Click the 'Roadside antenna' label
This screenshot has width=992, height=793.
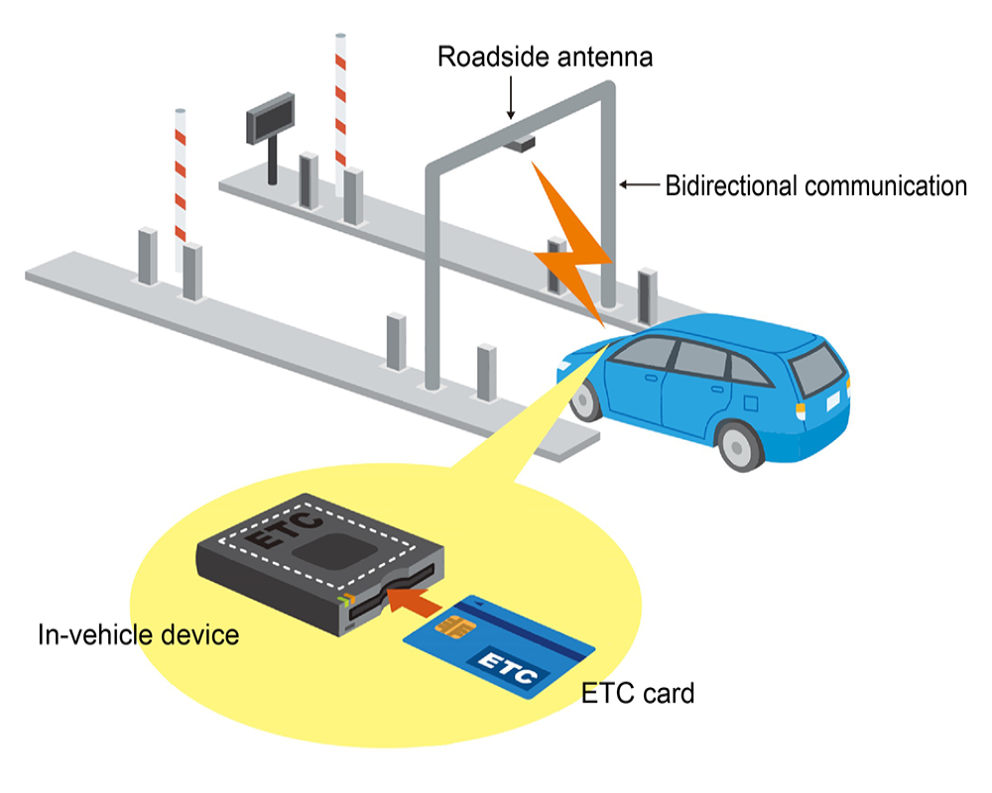tap(545, 57)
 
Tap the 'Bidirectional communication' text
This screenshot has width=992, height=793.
tap(815, 185)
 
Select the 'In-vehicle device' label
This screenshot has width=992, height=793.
tap(138, 633)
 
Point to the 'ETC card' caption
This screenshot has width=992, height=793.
tap(638, 692)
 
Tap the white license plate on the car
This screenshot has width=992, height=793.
tap(831, 401)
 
